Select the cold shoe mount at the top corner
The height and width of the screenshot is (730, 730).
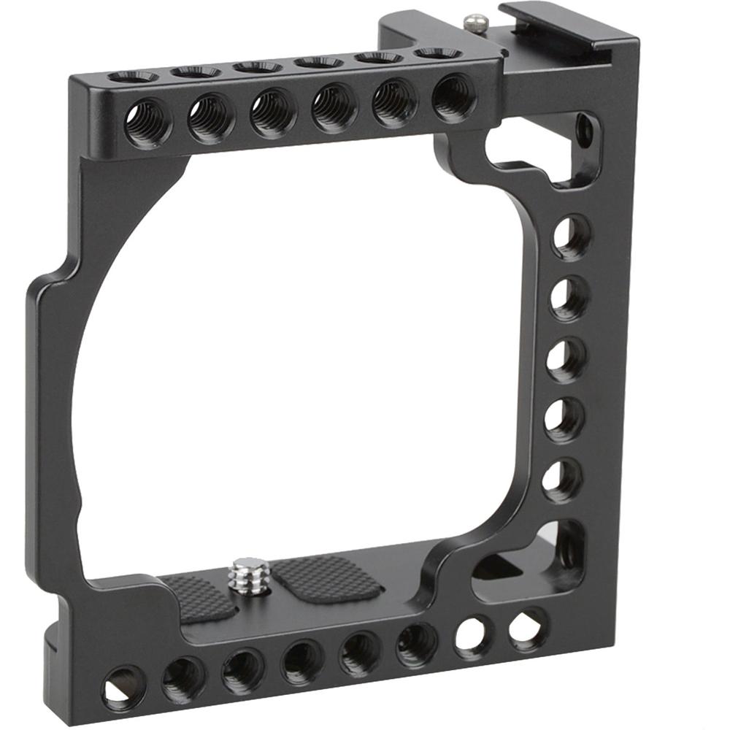(562, 33)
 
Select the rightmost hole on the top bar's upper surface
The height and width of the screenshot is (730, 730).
(437, 53)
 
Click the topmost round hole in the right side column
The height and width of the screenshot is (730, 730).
(570, 237)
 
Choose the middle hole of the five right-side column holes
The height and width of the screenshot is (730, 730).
(566, 359)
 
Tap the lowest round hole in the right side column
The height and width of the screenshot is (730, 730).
(562, 480)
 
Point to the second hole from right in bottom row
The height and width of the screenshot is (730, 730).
(473, 634)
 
